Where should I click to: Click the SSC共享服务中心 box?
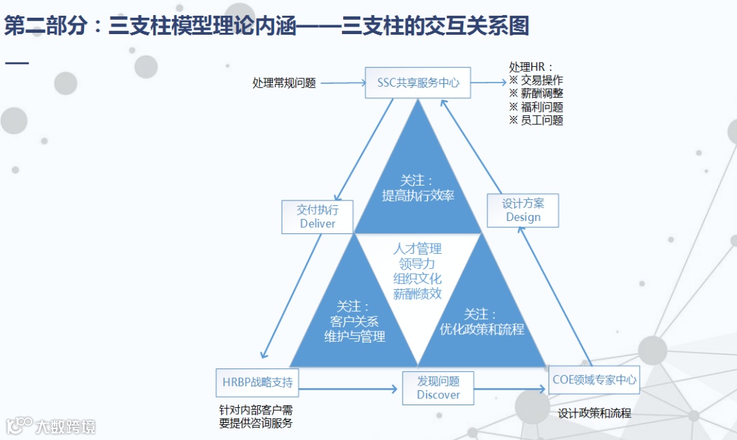pos(418,83)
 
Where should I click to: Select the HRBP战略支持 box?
pos(257,382)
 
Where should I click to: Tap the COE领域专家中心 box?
pos(594,379)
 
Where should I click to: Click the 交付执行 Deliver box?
pos(317,216)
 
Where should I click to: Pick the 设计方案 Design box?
pos(523,210)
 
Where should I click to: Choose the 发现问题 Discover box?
pos(438,388)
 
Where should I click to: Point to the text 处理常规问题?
pos(284,83)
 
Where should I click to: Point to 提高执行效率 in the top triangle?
pos(418,196)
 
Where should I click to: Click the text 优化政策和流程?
pos(482,329)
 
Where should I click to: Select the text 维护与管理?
pos(354,336)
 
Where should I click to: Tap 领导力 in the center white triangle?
pos(417,263)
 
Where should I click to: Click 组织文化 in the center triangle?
pos(417,278)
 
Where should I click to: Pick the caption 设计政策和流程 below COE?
pos(594,413)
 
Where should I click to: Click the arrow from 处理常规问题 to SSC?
pos(343,83)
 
